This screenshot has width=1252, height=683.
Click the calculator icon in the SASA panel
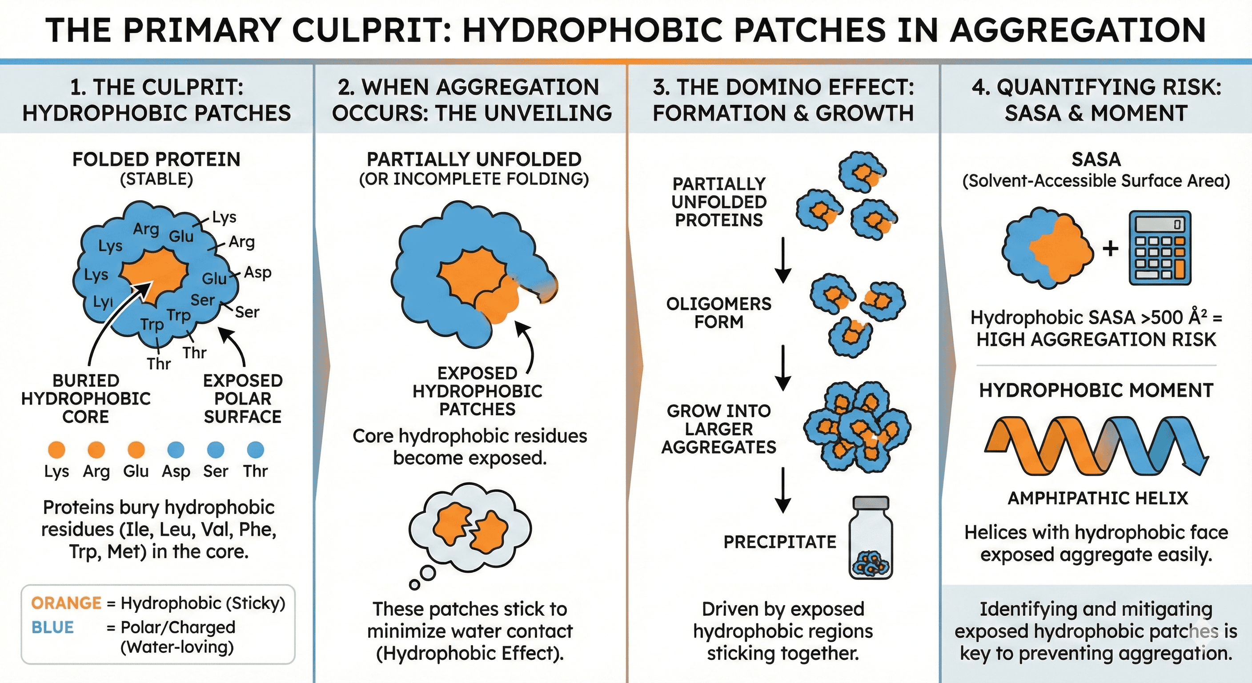(1160, 248)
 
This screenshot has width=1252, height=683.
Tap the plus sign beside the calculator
(1110, 249)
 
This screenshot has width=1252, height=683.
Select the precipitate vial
(871, 538)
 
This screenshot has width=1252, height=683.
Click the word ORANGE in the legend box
(66, 603)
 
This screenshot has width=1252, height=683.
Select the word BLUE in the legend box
(52, 627)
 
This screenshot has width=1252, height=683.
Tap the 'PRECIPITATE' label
(779, 542)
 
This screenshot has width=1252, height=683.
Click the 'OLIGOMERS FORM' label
(719, 313)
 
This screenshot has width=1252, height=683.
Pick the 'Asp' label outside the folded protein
(257, 273)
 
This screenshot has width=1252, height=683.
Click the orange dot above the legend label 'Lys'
(57, 450)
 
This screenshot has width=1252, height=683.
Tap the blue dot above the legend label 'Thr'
(256, 450)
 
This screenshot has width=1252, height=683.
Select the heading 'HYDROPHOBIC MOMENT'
(1096, 390)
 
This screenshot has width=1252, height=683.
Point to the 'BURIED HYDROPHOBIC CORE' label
(86, 398)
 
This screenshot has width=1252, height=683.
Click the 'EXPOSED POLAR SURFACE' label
(242, 398)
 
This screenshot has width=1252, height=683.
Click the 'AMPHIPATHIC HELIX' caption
(1097, 498)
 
